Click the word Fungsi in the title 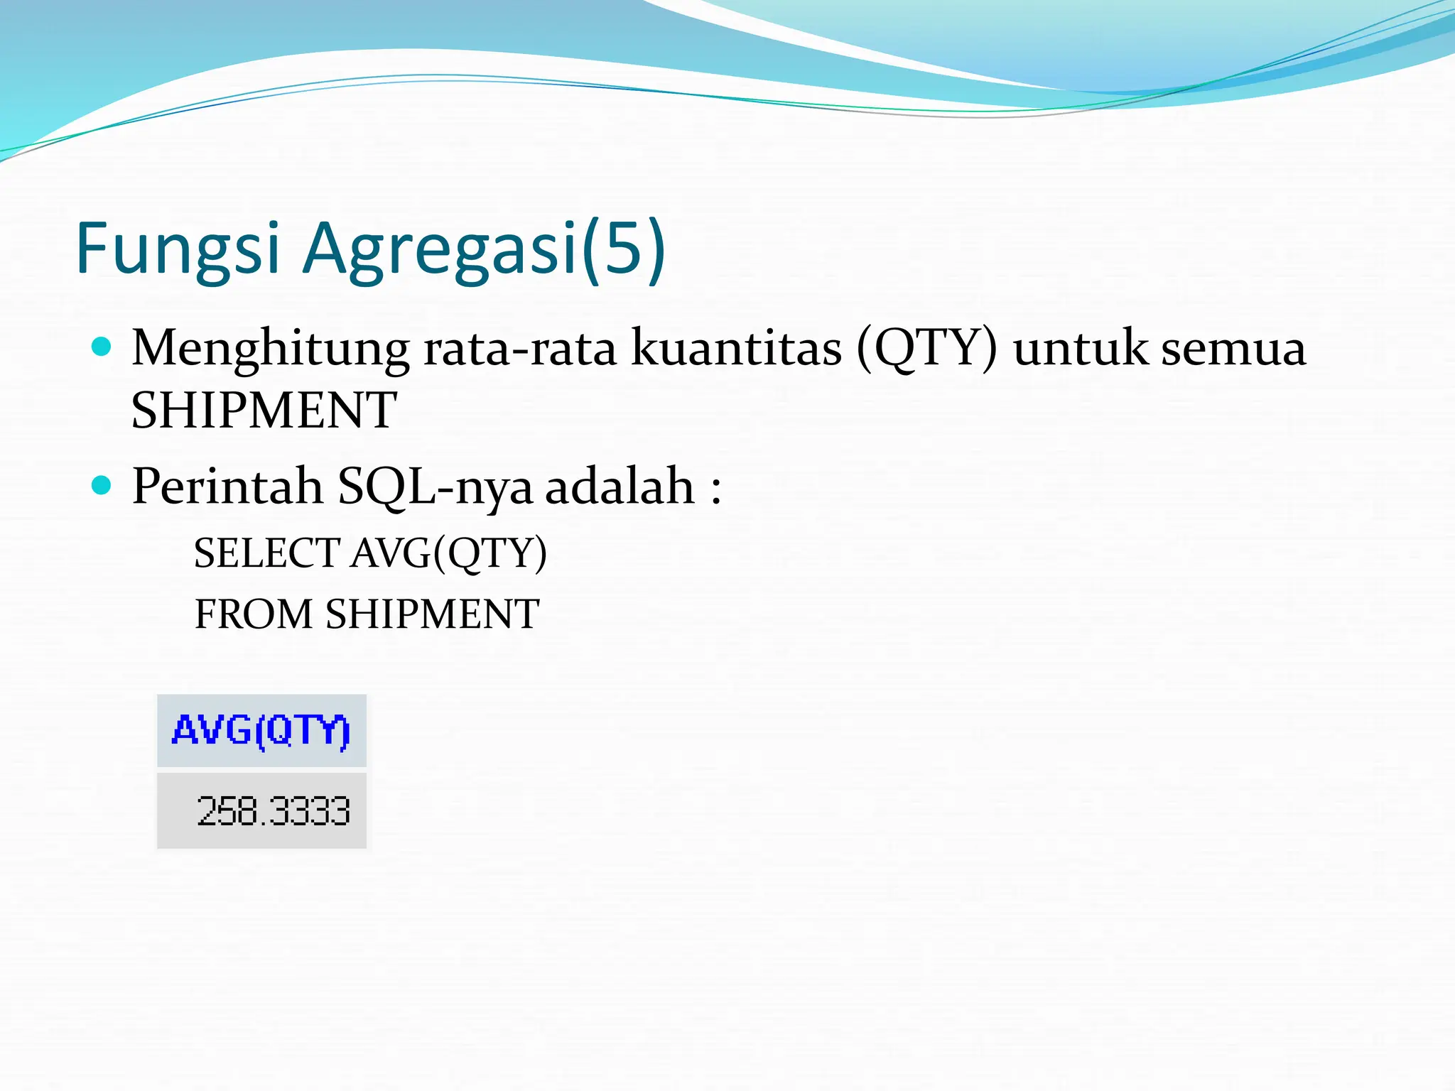pos(178,249)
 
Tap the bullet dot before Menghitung pos(102,347)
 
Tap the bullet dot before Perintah pos(102,485)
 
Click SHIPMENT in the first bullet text pos(264,411)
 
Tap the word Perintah pos(227,487)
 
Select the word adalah pos(620,487)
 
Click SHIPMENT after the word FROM pos(432,614)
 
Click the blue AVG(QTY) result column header pos(261,731)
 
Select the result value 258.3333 pos(274,811)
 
